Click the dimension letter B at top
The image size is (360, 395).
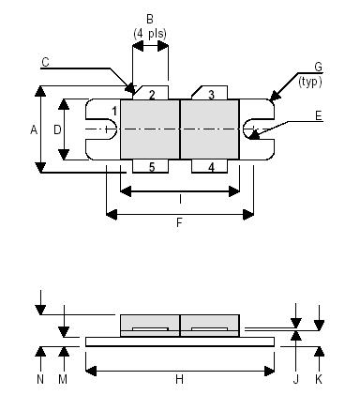pyautogui.click(x=149, y=19)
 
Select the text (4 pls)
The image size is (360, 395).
pyautogui.click(x=149, y=36)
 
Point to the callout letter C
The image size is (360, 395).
pyautogui.click(x=45, y=62)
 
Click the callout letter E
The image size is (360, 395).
pyautogui.click(x=320, y=118)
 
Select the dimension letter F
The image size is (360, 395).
pyautogui.click(x=180, y=225)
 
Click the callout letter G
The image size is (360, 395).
pyautogui.click(x=319, y=68)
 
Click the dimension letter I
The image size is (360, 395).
pyautogui.click(x=180, y=200)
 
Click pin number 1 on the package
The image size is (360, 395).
pyautogui.click(x=113, y=113)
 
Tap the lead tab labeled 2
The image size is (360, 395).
pyautogui.click(x=151, y=95)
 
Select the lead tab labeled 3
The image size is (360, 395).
pyautogui.click(x=211, y=95)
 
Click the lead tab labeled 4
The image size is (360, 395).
pyautogui.click(x=211, y=167)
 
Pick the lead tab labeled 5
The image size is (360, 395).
pyautogui.click(x=151, y=167)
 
